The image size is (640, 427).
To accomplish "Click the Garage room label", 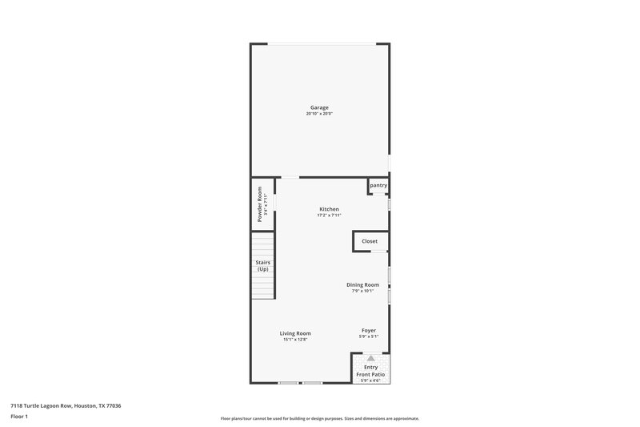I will coord(319,107).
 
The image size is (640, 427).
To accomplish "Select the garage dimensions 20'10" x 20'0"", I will coord(319,114).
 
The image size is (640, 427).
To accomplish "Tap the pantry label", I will coord(378,185).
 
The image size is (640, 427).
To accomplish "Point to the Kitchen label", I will coord(329,209).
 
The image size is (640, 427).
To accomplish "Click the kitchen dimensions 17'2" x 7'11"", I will coord(329,216).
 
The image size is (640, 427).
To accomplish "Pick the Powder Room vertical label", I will coord(259,204).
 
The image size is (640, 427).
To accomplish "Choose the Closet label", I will coord(370,240).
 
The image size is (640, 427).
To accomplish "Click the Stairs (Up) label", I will coord(262,266).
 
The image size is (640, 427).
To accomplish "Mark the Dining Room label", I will coord(362,284).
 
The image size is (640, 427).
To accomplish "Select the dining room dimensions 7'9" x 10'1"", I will coord(362,291).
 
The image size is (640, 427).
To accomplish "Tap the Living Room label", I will coord(295,333).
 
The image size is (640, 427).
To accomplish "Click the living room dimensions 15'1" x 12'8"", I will coord(295,340).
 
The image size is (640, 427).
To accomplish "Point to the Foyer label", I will coord(369,330).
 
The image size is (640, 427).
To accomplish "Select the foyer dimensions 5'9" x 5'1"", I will coord(369,336).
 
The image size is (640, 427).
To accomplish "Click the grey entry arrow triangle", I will coord(370,358).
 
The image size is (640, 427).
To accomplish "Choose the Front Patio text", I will coord(371,374).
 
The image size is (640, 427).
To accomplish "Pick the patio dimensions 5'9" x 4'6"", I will coord(371,381).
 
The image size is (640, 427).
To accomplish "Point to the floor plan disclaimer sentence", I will coord(319,418).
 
